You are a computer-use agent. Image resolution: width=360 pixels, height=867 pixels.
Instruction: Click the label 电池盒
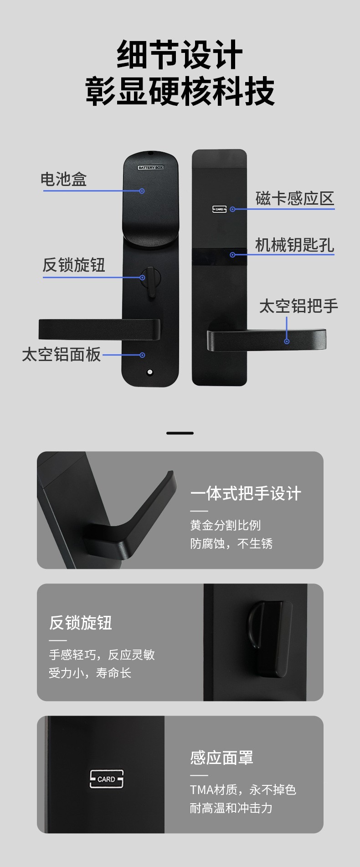click(x=63, y=179)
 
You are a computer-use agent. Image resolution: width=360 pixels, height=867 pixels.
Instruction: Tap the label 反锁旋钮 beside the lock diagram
click(x=74, y=265)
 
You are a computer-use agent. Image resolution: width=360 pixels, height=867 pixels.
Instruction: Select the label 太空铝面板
click(x=62, y=354)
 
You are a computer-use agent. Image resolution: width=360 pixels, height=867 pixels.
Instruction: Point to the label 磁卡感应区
click(x=295, y=198)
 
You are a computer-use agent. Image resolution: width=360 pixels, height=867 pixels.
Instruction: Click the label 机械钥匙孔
click(x=294, y=245)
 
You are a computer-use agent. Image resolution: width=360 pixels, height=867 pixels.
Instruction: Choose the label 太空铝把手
click(x=298, y=306)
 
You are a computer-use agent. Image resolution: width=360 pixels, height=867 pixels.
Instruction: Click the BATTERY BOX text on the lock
click(x=150, y=168)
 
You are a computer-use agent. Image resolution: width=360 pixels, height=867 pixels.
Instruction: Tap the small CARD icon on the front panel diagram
click(x=219, y=209)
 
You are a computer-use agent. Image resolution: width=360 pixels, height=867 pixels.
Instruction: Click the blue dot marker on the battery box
click(x=142, y=191)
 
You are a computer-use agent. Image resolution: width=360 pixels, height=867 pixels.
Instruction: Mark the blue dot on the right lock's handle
click(x=287, y=341)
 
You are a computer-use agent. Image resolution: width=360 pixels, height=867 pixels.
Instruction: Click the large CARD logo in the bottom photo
click(x=106, y=779)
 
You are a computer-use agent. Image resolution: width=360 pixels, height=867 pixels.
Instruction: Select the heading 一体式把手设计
click(x=246, y=494)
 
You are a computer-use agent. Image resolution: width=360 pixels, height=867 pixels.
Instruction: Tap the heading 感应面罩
click(x=221, y=758)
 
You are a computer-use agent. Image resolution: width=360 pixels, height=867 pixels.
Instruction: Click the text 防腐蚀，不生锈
click(x=231, y=543)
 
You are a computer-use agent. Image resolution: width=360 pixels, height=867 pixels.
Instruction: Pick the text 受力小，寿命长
click(x=90, y=673)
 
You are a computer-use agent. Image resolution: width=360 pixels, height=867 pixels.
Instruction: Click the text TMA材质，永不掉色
click(x=243, y=790)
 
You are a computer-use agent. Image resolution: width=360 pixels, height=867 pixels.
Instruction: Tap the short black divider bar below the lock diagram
click(x=180, y=433)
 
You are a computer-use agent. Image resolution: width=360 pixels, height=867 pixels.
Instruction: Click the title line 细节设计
click(x=180, y=55)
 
